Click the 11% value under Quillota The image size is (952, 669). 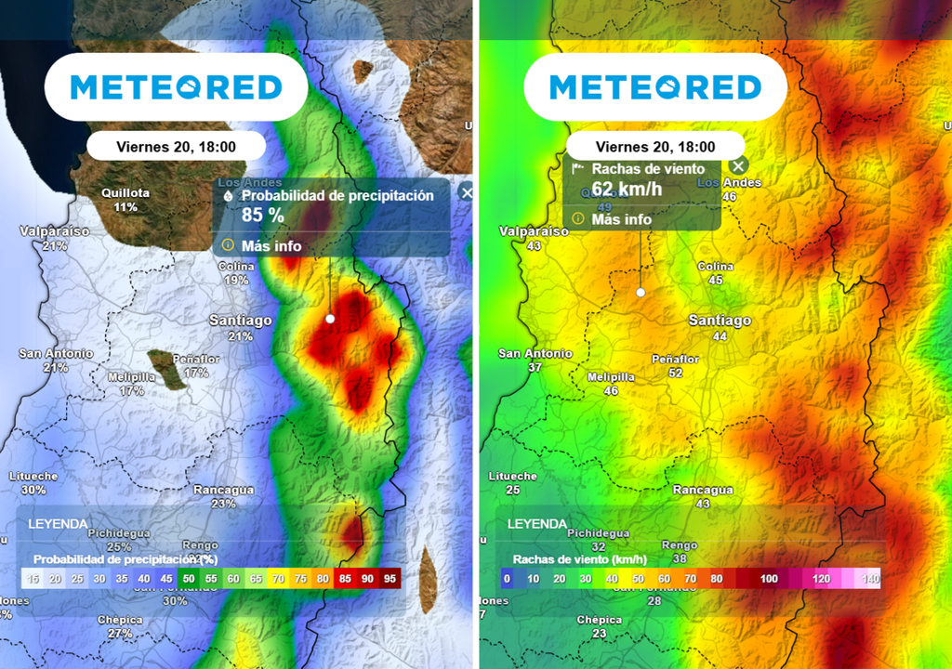click(126, 206)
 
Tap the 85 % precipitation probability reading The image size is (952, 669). click(262, 216)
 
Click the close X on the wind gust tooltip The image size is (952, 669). click(738, 167)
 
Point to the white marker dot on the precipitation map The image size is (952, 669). click(329, 319)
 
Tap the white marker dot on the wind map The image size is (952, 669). click(641, 292)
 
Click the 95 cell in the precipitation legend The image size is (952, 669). click(390, 579)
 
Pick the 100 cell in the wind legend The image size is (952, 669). click(769, 579)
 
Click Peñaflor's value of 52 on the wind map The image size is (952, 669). click(675, 373)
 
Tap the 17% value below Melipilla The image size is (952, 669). click(131, 391)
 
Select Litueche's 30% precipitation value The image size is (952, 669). click(33, 490)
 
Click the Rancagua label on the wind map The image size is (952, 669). click(703, 490)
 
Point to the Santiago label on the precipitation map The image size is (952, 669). click(241, 321)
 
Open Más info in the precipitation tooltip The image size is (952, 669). click(271, 246)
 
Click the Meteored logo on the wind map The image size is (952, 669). click(655, 87)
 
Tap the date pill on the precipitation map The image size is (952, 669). click(176, 146)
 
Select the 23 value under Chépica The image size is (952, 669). click(599, 634)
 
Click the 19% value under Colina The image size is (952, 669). click(236, 280)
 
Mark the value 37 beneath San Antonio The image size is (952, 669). click(535, 367)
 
